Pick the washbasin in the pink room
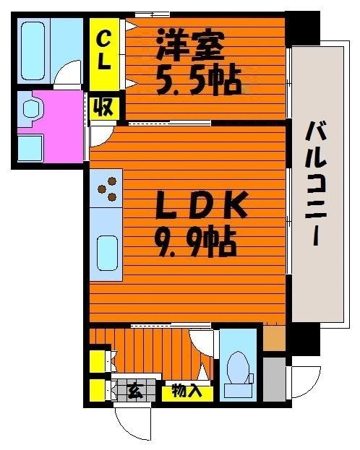pos(32,109)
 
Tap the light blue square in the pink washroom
pos(30,148)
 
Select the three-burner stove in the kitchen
pos(107,189)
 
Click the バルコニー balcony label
pos(314,185)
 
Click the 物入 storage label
pos(187,392)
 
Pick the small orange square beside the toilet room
pos(274,338)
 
